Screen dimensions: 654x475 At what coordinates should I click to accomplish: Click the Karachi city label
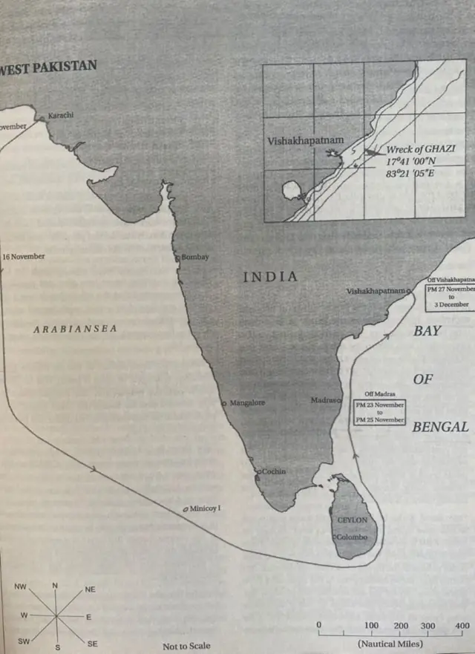(61, 115)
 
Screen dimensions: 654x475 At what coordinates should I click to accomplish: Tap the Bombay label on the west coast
(195, 257)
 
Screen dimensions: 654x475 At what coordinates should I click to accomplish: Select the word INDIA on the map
(271, 277)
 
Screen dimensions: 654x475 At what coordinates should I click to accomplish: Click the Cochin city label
(272, 471)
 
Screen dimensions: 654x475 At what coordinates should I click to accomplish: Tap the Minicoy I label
(206, 509)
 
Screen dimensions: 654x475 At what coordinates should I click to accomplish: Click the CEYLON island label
(353, 520)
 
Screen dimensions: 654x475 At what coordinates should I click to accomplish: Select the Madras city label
(324, 400)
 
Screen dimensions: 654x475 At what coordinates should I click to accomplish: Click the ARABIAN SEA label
(75, 328)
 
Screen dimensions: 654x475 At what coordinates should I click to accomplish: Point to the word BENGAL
(440, 427)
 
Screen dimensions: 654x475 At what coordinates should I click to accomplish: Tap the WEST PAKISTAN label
(49, 66)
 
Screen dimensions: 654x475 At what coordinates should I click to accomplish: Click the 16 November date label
(24, 256)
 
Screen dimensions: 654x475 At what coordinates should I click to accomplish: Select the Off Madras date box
(380, 410)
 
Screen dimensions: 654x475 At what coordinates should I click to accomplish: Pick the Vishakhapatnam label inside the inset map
(301, 140)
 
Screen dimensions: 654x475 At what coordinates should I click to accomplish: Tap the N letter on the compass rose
(55, 586)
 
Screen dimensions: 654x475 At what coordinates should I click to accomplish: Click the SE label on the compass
(92, 644)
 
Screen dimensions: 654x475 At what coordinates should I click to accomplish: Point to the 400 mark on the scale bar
(462, 625)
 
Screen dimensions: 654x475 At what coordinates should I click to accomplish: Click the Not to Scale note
(186, 646)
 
